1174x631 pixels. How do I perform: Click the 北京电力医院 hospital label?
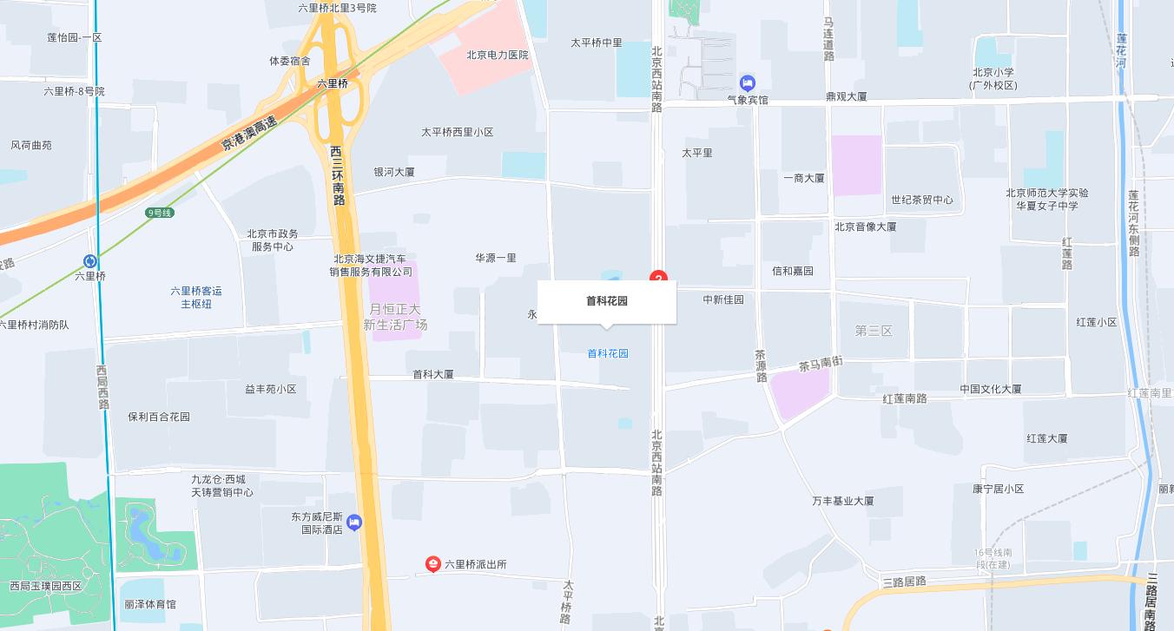point(497,55)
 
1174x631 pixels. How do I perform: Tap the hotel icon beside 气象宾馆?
point(747,83)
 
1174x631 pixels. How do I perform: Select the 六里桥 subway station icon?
point(90,261)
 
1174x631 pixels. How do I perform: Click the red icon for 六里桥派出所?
point(432,564)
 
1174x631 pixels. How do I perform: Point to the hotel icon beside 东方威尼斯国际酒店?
point(353,523)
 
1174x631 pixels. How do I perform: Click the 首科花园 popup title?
point(606,301)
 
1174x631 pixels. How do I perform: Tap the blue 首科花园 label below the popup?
point(607,353)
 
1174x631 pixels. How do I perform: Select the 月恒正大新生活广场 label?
point(395,317)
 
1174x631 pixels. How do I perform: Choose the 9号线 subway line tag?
point(160,213)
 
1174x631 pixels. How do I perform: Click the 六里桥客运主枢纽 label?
point(195,297)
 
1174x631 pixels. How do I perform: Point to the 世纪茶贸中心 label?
point(921,200)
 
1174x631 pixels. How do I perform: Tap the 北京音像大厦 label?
point(865,227)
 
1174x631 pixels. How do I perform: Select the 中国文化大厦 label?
point(990,389)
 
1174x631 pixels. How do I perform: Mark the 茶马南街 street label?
point(820,365)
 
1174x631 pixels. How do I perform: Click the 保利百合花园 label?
point(158,417)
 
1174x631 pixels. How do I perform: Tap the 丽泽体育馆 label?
point(149,604)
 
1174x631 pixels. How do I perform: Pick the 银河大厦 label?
point(393,172)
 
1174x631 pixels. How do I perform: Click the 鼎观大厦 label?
point(846,96)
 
